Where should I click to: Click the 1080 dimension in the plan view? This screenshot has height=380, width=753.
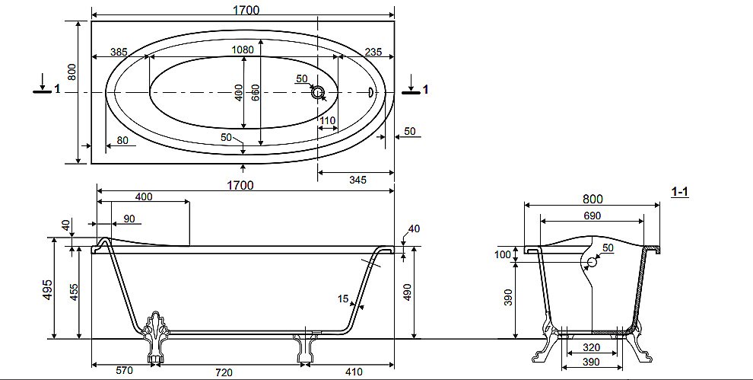pos(243,49)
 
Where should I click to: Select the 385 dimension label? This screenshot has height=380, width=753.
pos(119,52)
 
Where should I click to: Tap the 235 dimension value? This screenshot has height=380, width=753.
pos(373,52)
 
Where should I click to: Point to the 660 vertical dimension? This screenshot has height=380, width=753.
pos(256,92)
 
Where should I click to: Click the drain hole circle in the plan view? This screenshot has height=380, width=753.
pos(318,93)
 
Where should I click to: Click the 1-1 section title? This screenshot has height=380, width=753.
pos(679,192)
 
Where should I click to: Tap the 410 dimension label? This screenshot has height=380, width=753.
pos(353,372)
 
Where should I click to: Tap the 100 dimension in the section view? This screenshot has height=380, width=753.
pos(503,254)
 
